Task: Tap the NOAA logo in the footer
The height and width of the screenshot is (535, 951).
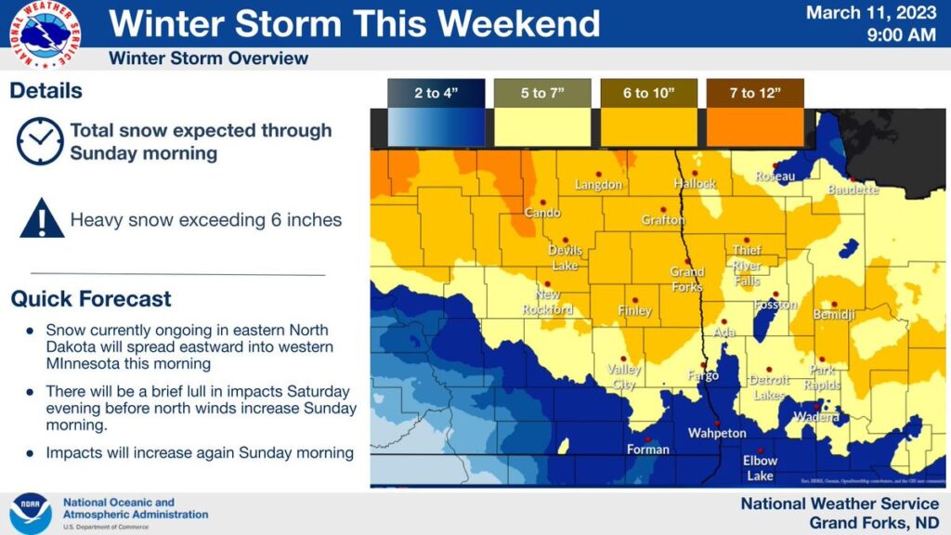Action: [30, 513]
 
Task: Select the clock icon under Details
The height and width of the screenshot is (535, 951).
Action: [39, 140]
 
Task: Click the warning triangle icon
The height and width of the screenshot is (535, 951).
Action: [41, 220]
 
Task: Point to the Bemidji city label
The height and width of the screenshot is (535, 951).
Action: [833, 317]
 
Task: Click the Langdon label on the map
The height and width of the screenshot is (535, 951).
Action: [598, 185]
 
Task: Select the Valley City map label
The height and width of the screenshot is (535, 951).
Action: [624, 375]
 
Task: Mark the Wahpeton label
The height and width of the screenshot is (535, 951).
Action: [716, 434]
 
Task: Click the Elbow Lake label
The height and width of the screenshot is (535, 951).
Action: [760, 468]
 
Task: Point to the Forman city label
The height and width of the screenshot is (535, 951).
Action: [647, 450]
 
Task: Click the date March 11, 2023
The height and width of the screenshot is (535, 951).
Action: [871, 14]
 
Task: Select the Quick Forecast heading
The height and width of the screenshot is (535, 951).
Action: [91, 299]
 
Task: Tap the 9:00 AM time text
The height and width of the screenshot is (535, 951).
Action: [901, 35]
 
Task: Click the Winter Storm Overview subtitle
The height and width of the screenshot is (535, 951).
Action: [208, 59]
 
